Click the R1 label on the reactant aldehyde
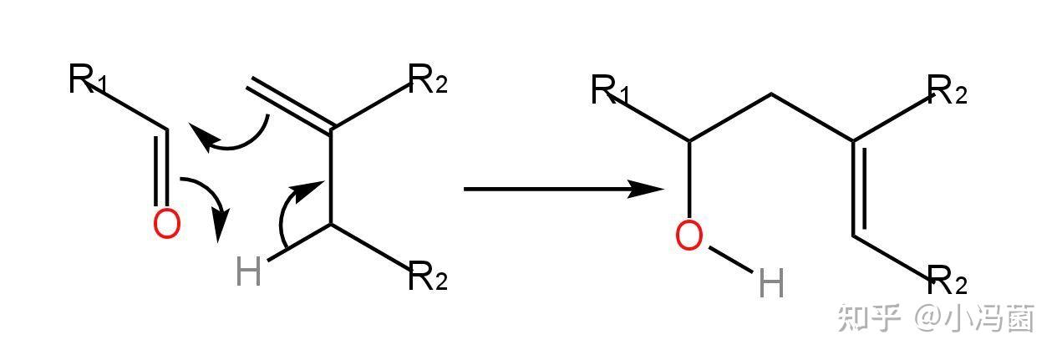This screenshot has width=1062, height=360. (x=87, y=80)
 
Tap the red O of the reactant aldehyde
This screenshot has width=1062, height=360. (x=166, y=224)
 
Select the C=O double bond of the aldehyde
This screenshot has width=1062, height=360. (x=162, y=167)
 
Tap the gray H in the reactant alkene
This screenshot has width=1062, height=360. (x=249, y=272)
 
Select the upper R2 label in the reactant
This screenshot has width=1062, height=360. (x=428, y=80)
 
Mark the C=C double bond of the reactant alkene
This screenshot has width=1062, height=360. (x=291, y=106)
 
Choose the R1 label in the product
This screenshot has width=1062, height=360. (x=610, y=90)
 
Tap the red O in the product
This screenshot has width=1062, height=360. (x=689, y=237)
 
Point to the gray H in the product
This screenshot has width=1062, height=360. (x=770, y=285)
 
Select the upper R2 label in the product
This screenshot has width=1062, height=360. (x=947, y=89)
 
